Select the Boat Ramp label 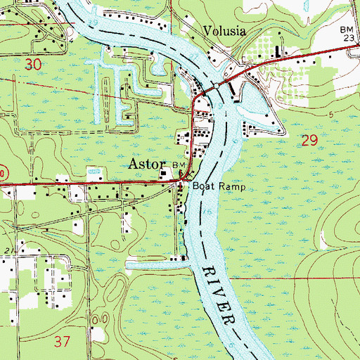(218, 187)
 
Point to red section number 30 (32, 64)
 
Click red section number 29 (309, 141)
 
